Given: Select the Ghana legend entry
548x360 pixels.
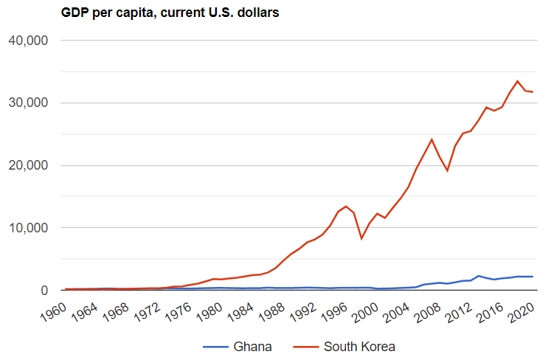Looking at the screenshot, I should click(x=252, y=346).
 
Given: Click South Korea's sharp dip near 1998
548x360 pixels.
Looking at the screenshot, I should click(x=361, y=238).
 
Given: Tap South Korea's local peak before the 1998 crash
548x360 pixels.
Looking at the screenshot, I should click(x=346, y=207).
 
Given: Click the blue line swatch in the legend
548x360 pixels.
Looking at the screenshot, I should click(x=214, y=346).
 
